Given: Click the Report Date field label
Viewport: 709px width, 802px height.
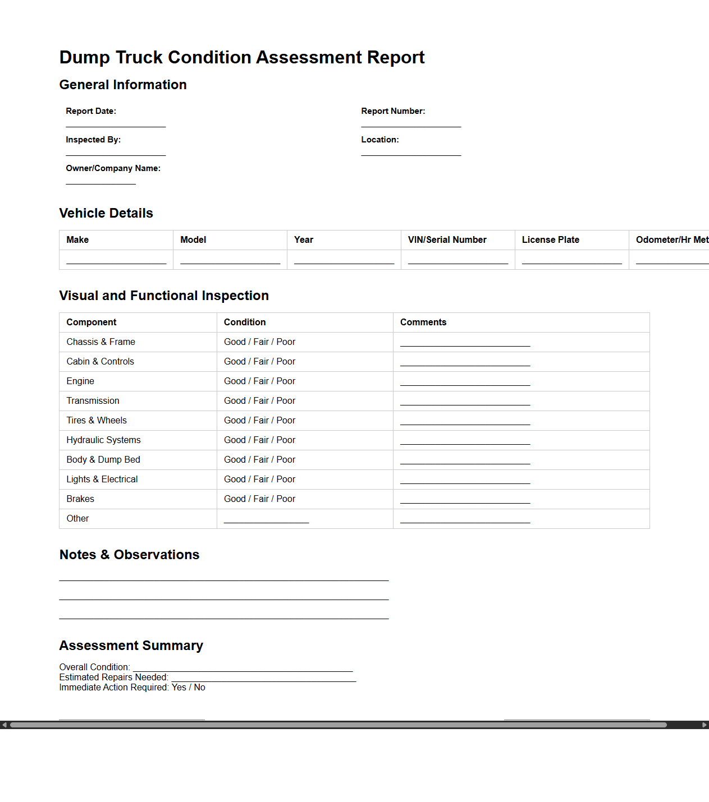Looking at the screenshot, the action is point(91,111).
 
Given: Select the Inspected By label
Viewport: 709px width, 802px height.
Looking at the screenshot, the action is point(93,140).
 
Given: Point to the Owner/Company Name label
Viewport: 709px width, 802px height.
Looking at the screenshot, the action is point(113,168).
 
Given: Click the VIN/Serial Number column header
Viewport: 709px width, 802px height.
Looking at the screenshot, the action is point(447,239).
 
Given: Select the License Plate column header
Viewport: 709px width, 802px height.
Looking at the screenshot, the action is point(550,239).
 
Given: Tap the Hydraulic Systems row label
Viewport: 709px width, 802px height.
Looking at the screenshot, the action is point(103,440).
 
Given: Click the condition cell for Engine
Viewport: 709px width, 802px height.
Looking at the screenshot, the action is point(259,381).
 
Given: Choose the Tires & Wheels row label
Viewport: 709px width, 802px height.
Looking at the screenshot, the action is point(97,420).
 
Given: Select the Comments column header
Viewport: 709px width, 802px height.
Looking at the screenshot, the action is point(423,322).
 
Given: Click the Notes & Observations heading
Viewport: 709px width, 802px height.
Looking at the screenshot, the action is point(129,555).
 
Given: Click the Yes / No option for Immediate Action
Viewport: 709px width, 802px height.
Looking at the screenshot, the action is point(189,687).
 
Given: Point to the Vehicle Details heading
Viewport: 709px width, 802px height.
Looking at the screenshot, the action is point(106,213).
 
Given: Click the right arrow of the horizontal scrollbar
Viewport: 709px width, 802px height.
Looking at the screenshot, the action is point(705,725).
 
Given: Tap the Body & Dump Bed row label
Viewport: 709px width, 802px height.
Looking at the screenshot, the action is point(103,459).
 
